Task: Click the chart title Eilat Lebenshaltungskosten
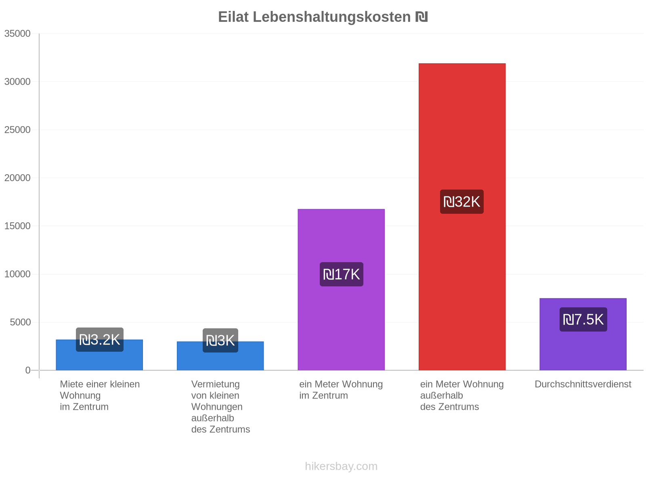coord(314,17)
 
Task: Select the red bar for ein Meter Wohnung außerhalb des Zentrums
coord(462,217)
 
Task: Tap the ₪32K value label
coord(461,202)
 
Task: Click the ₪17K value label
coord(342,274)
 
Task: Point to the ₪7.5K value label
coord(583,319)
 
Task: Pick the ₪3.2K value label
coord(99,340)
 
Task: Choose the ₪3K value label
coord(220,340)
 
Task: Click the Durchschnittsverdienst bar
coord(583,334)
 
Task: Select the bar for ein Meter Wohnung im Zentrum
coord(341,290)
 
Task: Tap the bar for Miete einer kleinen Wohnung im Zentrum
coord(99,355)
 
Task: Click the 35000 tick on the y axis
coord(17,33)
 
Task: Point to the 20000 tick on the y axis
coord(17,178)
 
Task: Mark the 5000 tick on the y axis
coord(20,322)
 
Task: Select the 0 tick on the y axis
coord(28,370)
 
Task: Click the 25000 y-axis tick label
coord(17,129)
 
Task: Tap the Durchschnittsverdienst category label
coord(583,384)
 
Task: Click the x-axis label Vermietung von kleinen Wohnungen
coord(217,395)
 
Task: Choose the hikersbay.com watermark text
coord(341,466)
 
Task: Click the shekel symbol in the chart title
coord(422,17)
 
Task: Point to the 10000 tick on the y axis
coord(17,274)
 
